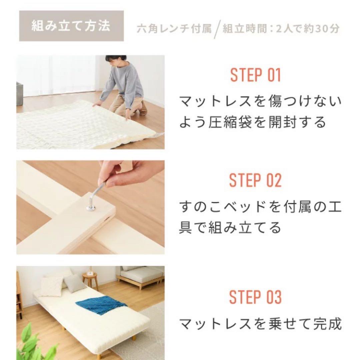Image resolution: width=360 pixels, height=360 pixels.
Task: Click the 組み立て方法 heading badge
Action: click(x=71, y=26)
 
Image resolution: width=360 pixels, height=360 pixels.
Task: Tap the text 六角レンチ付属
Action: click(x=174, y=29)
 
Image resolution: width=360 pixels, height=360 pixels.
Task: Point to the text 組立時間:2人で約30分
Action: click(x=281, y=29)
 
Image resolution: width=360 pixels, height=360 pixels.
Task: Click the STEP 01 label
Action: click(x=255, y=75)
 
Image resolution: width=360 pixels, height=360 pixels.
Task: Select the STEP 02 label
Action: click(x=255, y=180)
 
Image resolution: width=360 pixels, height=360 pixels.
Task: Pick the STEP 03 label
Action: click(x=255, y=297)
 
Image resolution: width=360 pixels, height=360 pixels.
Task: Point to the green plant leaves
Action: click(x=33, y=343)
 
